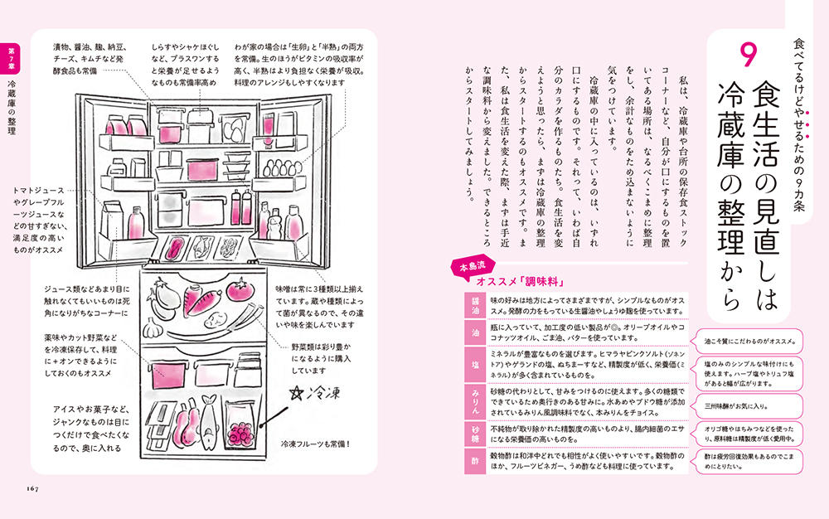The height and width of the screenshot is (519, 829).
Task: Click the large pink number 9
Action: [748, 55]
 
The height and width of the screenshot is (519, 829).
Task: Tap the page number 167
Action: [33, 489]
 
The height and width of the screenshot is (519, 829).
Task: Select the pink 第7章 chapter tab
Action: [11, 59]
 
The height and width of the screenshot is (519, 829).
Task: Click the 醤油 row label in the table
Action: [475, 305]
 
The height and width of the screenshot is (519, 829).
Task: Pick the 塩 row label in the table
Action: [475, 365]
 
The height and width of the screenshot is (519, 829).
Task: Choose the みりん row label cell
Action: [475, 401]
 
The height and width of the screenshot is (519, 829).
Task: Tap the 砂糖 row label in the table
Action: [475, 434]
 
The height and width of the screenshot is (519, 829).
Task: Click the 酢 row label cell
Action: [475, 461]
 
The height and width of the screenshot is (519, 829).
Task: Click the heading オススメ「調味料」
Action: [517, 282]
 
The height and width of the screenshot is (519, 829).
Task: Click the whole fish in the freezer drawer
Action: [208, 424]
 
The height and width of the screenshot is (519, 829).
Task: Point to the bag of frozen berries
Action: [241, 426]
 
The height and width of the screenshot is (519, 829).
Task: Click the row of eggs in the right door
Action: [282, 167]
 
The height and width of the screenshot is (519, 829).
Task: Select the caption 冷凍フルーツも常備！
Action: [316, 444]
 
